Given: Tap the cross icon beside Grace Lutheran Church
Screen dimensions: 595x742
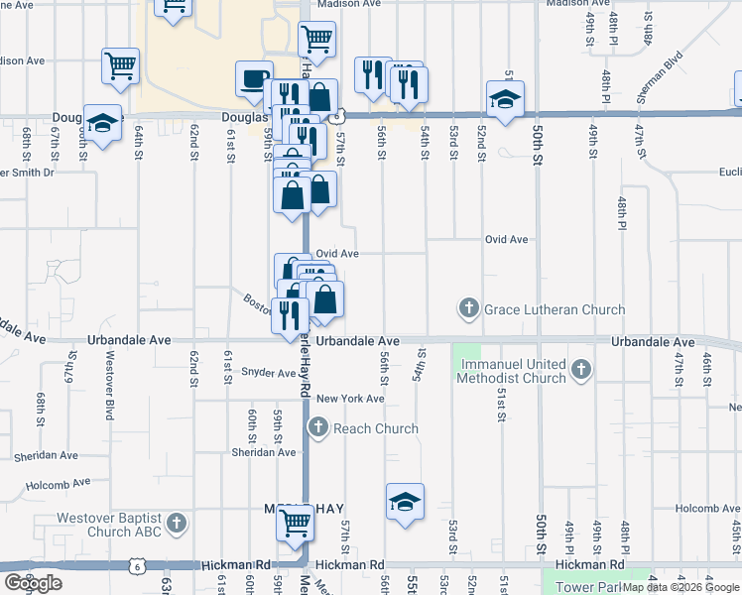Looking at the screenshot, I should pos(469,309).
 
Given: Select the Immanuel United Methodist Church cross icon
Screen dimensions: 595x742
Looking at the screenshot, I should pos(581,371).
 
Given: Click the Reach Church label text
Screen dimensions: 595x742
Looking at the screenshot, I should pos(376,428).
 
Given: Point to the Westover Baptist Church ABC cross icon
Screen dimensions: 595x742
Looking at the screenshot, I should pos(176,522).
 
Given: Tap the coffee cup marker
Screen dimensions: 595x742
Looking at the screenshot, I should pos(253,77).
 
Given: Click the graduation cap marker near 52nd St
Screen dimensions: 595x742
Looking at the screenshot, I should pos(505,98).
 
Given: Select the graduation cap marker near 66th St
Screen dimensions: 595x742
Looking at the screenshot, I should pos(102,122).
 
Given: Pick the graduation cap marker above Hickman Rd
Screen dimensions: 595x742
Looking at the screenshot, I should pos(404,502).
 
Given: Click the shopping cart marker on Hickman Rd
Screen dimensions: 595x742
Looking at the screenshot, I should pos(295,521).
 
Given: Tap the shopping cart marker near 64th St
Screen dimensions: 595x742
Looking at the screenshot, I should pos(120,65).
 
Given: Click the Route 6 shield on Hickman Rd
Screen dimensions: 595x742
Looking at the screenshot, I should pos(136,564).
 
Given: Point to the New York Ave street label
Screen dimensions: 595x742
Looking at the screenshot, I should pos(350,399).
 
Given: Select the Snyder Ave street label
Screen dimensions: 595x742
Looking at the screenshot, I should pos(268,373).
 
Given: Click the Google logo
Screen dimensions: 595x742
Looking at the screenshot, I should pos(33,583).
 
